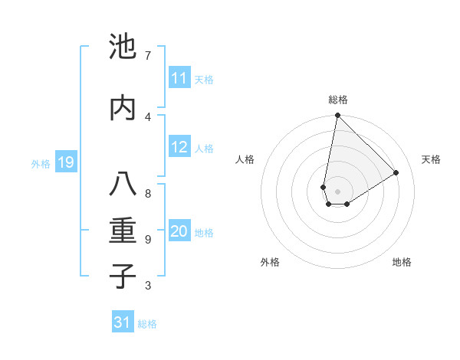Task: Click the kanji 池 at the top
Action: click(123, 47)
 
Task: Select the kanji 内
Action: click(123, 106)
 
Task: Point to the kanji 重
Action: click(123, 230)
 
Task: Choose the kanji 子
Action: click(123, 275)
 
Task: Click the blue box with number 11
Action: click(179, 78)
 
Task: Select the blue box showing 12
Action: click(179, 148)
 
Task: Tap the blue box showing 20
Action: click(179, 232)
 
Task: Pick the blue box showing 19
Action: click(65, 162)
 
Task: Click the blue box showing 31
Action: click(123, 322)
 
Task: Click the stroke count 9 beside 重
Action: click(147, 240)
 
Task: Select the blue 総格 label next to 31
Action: click(147, 324)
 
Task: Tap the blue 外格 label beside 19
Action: click(41, 163)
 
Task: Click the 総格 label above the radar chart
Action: click(338, 100)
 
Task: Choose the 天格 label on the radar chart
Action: click(431, 159)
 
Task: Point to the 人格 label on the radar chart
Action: click(245, 159)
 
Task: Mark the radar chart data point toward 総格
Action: click(337, 116)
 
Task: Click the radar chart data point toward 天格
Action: click(396, 172)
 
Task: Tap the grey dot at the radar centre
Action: click(337, 191)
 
